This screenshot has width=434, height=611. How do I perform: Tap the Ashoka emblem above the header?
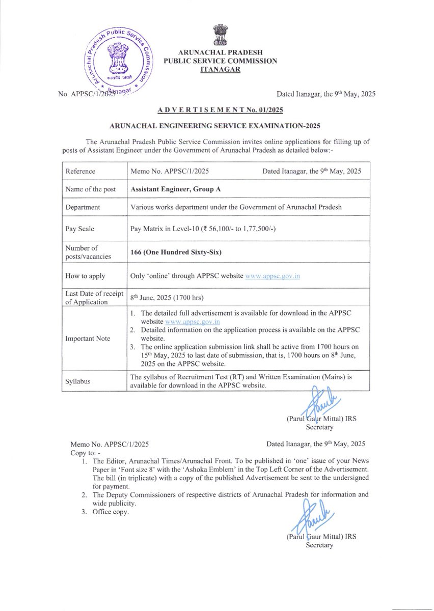(220, 36)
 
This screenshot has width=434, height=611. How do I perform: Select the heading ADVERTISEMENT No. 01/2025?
(220, 109)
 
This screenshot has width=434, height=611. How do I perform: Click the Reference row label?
(80, 172)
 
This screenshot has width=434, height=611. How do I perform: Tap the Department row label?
(83, 207)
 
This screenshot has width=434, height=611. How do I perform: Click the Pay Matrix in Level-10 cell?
(203, 229)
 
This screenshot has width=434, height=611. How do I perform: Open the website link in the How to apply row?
(273, 276)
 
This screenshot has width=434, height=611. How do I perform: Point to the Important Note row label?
(87, 338)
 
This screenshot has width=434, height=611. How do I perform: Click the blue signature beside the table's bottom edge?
(315, 402)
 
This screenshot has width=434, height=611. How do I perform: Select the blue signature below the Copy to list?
(316, 514)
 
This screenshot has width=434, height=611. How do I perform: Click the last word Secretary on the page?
(319, 545)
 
